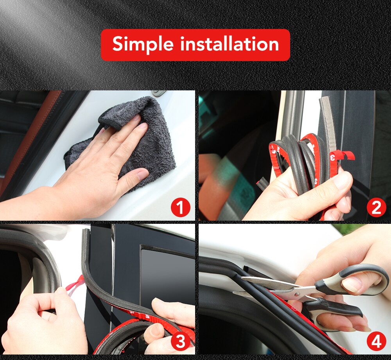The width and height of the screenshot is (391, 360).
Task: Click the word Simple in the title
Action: pos(143,44)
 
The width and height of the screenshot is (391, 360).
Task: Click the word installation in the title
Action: pos(230,44)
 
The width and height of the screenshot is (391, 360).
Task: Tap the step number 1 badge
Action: pos(180,208)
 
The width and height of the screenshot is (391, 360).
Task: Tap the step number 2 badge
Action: pos(376,208)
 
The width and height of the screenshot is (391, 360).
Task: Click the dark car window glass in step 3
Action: pos(166,274)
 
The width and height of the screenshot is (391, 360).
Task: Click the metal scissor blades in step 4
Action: pos(274,286)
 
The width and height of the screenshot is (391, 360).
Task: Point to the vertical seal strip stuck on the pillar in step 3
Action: pos(85,254)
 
